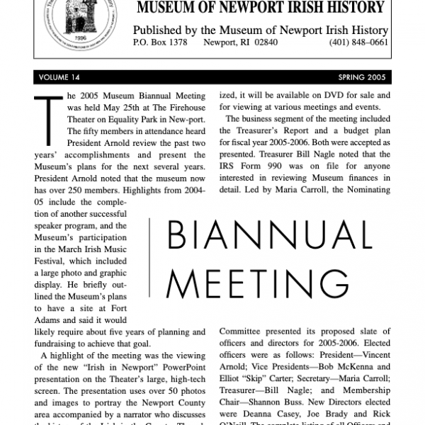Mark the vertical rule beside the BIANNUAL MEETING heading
[150, 262]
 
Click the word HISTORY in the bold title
[352, 8]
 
